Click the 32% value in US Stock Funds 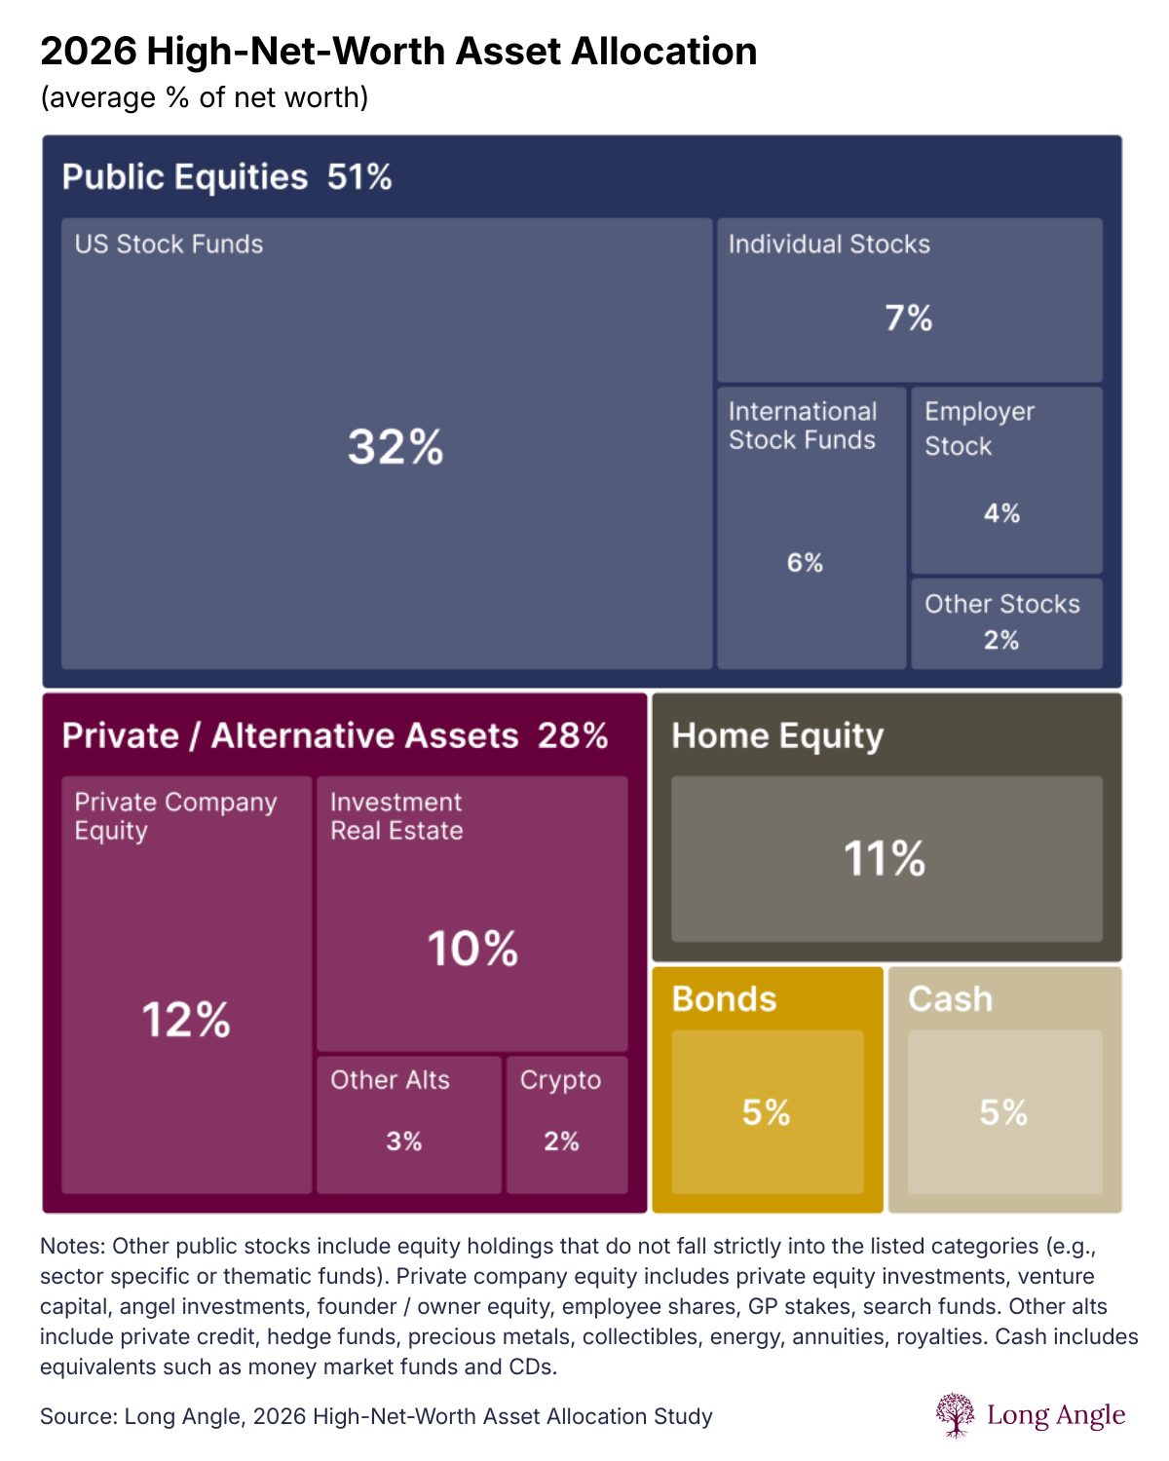396,447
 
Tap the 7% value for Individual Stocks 908,318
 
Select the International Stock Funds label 803,426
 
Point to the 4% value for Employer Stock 1001,513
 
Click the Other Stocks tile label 1001,604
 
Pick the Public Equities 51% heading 227,177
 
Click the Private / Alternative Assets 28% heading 335,735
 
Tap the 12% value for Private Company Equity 186,1020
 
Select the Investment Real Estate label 396,816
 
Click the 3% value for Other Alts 404,1141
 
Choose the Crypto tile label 560,1080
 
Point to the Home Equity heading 777,735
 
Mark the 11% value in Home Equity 885,859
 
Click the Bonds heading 724,999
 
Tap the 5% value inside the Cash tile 1003,1112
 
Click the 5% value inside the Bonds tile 766,1112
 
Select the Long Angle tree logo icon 955,1414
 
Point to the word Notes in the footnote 72,1247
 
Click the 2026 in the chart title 88,52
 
